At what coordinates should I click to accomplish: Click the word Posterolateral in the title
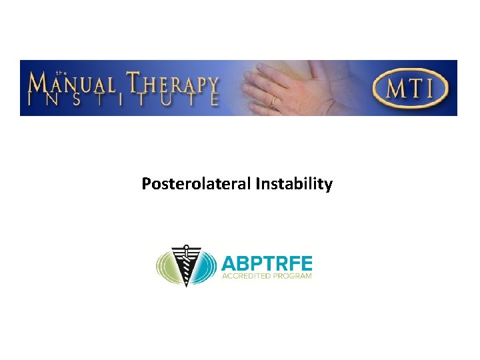(196, 184)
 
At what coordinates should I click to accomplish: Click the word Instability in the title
(293, 184)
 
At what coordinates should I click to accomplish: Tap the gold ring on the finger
(273, 102)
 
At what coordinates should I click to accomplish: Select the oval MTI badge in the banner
(411, 88)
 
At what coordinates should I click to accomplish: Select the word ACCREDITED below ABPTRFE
(247, 276)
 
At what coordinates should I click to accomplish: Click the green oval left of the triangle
(164, 267)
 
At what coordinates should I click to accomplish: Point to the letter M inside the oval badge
(395, 88)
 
